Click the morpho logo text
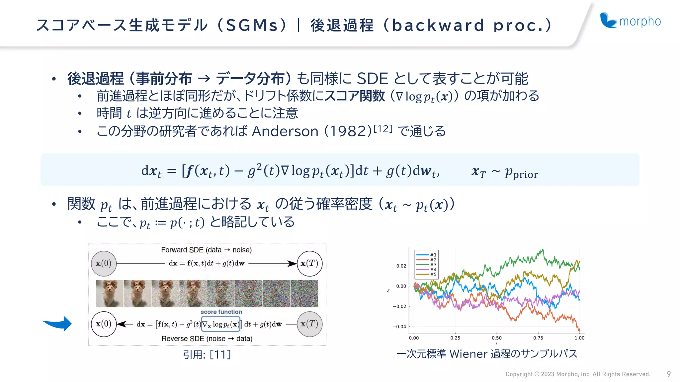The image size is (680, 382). click(640, 21)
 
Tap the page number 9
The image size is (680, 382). click(669, 374)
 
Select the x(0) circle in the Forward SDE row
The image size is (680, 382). click(104, 264)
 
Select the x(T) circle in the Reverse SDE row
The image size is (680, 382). click(309, 324)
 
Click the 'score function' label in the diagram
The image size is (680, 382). click(221, 312)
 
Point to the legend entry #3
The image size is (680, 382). click(433, 265)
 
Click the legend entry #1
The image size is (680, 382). click(433, 255)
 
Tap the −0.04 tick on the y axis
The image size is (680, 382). click(399, 327)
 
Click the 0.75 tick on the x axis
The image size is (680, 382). click(538, 338)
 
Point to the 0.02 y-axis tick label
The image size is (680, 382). click(401, 266)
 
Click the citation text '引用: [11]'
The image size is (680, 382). click(207, 355)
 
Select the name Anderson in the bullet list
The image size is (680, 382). click(285, 131)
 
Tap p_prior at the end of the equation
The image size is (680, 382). click(521, 173)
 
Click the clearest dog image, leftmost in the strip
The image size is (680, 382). click(110, 293)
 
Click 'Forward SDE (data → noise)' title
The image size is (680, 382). click(206, 250)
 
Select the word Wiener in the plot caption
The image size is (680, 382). click(468, 354)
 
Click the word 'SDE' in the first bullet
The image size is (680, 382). click(372, 79)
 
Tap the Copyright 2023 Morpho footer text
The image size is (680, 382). click(577, 374)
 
